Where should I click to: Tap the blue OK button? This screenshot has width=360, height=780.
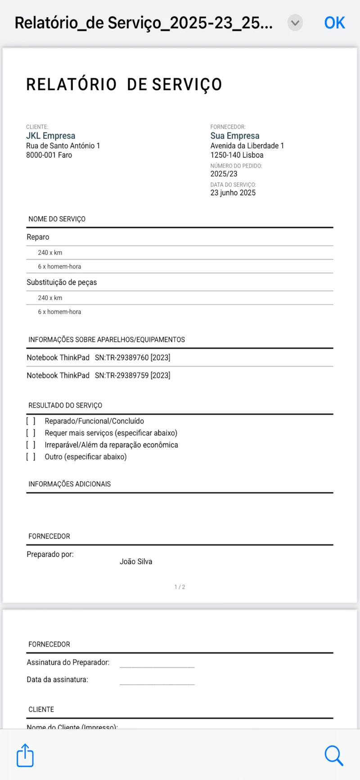(x=334, y=23)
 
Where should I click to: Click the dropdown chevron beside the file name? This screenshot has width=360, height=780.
(x=295, y=23)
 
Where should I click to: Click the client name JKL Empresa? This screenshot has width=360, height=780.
(x=50, y=136)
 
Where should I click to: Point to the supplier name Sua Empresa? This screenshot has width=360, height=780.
(x=235, y=136)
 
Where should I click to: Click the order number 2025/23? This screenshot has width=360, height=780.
(x=224, y=174)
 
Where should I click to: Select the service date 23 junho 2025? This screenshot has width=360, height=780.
(x=233, y=193)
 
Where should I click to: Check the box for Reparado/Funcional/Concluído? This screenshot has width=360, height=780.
(x=31, y=421)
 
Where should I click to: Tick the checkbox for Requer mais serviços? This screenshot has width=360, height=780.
(x=31, y=433)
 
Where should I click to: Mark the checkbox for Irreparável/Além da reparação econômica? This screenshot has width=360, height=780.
(x=31, y=445)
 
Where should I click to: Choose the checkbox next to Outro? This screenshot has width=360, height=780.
(x=31, y=457)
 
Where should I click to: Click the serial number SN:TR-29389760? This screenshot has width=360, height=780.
(x=132, y=358)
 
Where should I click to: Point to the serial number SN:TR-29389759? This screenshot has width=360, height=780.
(x=132, y=375)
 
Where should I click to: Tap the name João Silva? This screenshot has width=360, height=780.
(x=136, y=561)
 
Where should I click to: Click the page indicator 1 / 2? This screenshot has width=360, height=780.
(x=180, y=587)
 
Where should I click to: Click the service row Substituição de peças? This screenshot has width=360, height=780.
(x=62, y=282)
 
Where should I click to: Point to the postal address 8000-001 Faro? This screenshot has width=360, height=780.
(x=49, y=155)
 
